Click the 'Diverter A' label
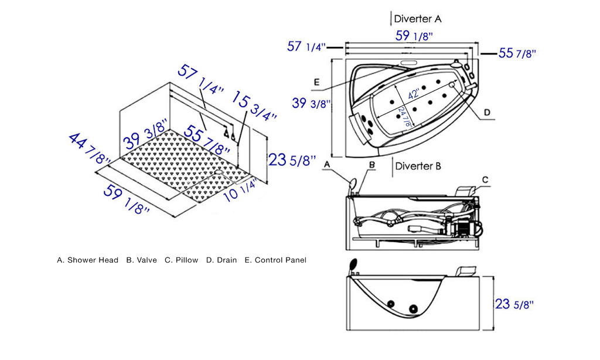click(x=417, y=19)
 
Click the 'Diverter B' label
click(x=418, y=166)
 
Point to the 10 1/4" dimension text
click(x=240, y=189)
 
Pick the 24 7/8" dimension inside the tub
click(x=404, y=116)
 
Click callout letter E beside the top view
click(x=316, y=81)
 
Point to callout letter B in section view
click(x=371, y=166)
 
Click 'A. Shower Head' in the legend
click(x=87, y=260)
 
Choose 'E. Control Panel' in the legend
click(x=275, y=260)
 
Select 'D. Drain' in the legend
click(x=221, y=260)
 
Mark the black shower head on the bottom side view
click(x=353, y=265)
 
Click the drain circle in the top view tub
click(x=452, y=84)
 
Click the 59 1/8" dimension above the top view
click(x=414, y=36)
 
